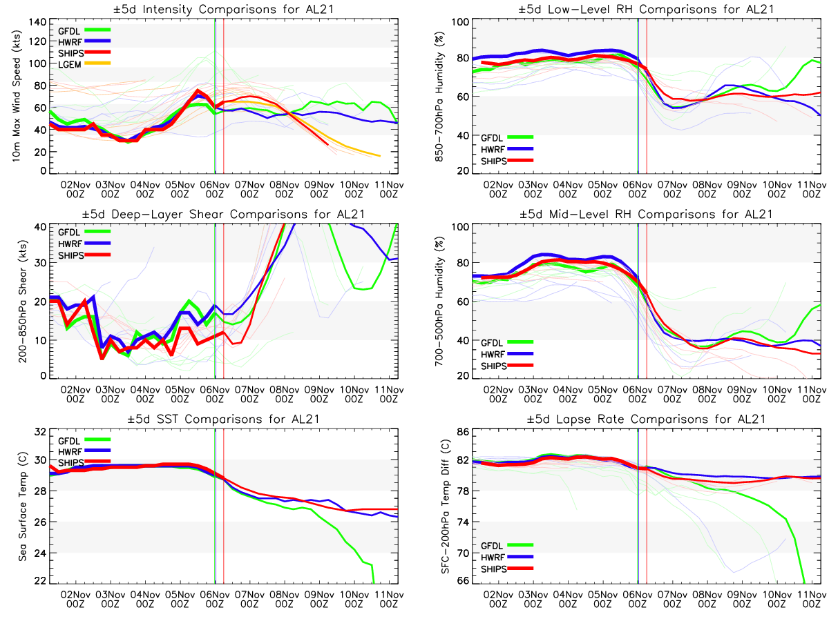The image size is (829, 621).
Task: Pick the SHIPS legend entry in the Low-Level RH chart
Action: (494, 160)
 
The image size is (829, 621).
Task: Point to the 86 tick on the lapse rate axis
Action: (461, 433)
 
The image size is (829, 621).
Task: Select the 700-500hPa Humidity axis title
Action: (437, 302)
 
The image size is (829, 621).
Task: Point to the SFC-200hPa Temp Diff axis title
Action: (437, 508)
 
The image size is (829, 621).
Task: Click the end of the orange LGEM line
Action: (379, 156)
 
